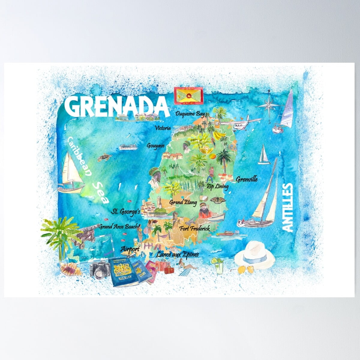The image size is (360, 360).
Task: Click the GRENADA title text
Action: [x=116, y=106]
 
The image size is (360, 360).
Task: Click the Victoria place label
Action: [x=163, y=128]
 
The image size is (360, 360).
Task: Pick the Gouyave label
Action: [x=155, y=146]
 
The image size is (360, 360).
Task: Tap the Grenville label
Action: [x=247, y=179]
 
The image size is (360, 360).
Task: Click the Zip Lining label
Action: [x=217, y=187]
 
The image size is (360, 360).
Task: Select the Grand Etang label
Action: [x=181, y=202]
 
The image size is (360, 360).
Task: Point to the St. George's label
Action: [x=126, y=212]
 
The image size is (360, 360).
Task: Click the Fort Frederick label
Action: [x=194, y=229]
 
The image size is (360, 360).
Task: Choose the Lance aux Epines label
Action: [x=177, y=255]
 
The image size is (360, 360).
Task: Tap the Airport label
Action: [x=130, y=249]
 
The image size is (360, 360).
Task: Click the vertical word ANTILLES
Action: [x=287, y=208]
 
